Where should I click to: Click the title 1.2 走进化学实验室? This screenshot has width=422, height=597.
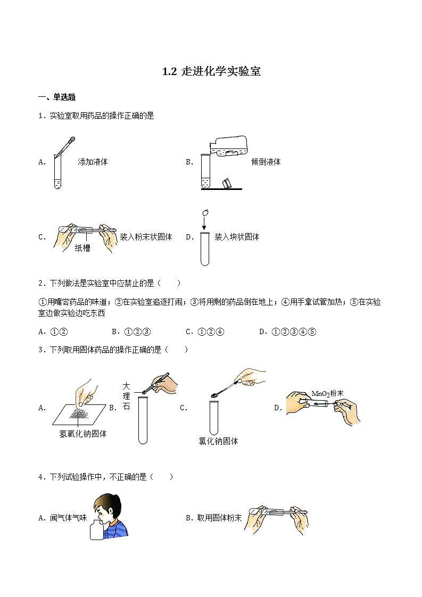(x=211, y=72)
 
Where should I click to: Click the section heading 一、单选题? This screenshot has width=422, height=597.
(x=57, y=97)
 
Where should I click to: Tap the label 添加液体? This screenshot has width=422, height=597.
(x=93, y=162)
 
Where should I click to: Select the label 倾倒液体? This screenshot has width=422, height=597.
(x=266, y=162)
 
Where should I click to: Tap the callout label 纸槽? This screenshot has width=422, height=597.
(x=82, y=248)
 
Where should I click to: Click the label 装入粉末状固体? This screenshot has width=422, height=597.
(x=146, y=237)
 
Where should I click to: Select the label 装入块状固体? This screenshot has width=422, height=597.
(x=237, y=237)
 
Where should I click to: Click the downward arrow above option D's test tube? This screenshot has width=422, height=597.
(x=203, y=223)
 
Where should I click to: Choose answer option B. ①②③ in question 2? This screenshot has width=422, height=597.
(x=131, y=331)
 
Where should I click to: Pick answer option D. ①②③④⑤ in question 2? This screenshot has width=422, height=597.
(x=288, y=331)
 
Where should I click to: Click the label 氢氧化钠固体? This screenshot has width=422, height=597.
(x=83, y=434)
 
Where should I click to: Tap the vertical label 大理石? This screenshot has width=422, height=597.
(x=126, y=396)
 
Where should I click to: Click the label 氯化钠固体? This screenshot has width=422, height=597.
(x=218, y=441)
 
